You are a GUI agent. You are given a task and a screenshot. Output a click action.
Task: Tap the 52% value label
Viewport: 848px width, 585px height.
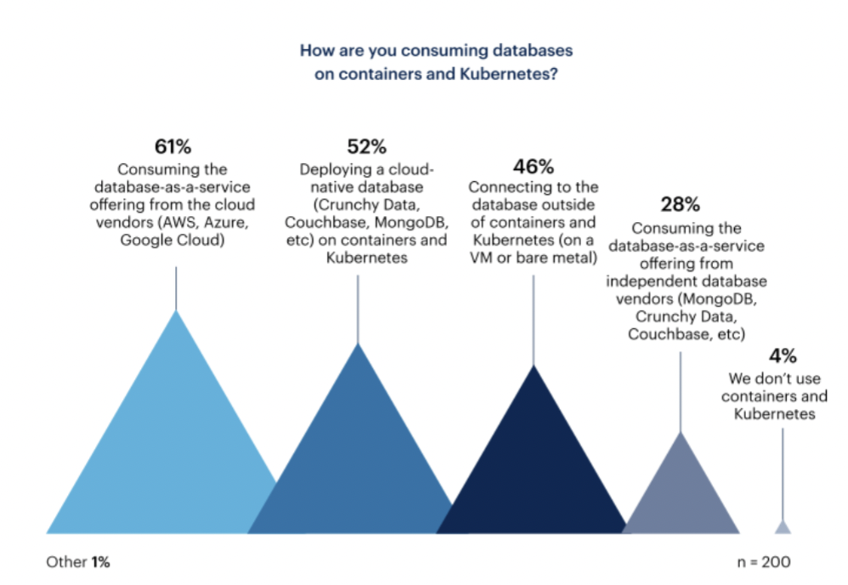point(366,147)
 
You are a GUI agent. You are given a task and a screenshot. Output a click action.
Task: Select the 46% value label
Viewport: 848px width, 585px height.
point(534,166)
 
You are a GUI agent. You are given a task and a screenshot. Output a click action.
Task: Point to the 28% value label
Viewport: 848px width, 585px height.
point(680,205)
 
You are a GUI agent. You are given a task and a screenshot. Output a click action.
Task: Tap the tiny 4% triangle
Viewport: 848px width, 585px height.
point(783,526)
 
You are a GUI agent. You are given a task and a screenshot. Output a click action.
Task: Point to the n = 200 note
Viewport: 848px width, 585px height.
point(765,562)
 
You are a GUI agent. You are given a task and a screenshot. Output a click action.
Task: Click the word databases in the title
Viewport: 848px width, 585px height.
point(531,50)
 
